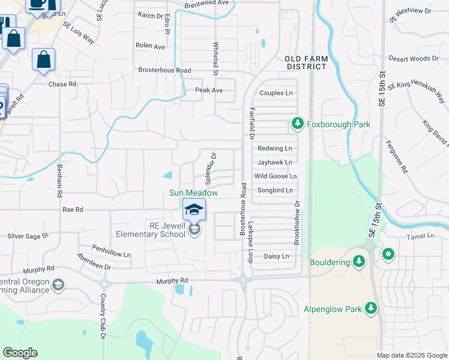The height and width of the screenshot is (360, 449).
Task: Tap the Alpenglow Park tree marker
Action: pyautogui.click(x=372, y=308)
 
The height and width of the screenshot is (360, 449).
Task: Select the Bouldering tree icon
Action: pyautogui.click(x=359, y=261)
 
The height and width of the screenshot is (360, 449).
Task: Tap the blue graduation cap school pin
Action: pyautogui.click(x=194, y=209)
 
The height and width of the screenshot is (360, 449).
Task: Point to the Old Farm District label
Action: pyautogui.click(x=306, y=62)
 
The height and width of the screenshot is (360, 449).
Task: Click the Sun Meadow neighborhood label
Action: pyautogui.click(x=193, y=193)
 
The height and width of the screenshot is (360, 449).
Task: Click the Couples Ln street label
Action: pyautogui.click(x=276, y=93)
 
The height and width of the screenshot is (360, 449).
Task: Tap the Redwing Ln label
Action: pyautogui.click(x=274, y=148)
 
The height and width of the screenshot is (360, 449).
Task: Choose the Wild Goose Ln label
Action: pyautogui.click(x=276, y=176)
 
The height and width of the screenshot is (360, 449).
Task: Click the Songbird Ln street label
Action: pyautogui.click(x=275, y=190)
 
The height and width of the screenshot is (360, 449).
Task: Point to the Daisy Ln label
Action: pyautogui.click(x=276, y=256)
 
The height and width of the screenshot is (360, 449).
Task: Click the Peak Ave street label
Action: pyautogui.click(x=209, y=90)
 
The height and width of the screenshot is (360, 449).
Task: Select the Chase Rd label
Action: pyautogui.click(x=62, y=84)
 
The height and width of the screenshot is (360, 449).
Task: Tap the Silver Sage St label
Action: pyautogui.click(x=28, y=236)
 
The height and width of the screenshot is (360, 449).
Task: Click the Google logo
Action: pyautogui.click(x=20, y=353)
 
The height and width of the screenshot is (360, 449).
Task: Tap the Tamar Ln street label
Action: pyautogui.click(x=420, y=236)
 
